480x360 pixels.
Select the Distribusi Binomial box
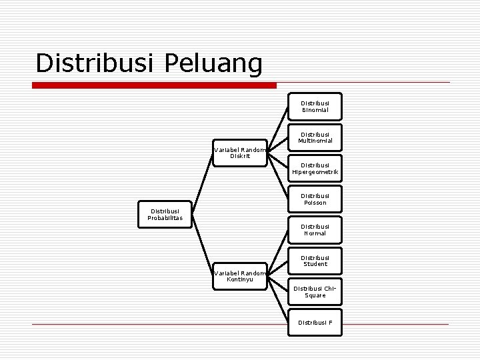[315, 107]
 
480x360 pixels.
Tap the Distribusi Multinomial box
[315, 137]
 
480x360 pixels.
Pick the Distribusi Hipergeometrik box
[315, 169]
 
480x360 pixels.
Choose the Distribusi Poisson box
[315, 199]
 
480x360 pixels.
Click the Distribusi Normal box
[315, 230]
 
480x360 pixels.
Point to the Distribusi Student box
[315, 261]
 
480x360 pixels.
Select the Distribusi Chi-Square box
[315, 291]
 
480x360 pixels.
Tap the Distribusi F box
[315, 322]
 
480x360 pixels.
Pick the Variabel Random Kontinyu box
[239, 276]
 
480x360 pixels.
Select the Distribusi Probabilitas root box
[164, 215]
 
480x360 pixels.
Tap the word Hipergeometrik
[315, 172]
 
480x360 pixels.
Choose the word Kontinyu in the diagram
[239, 279]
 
